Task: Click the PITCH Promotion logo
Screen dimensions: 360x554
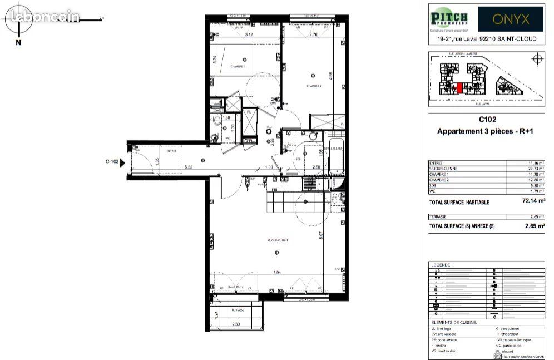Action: coord(449,19)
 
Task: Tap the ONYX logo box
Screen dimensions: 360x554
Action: coord(511,19)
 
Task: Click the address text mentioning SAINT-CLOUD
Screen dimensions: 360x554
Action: coord(487,39)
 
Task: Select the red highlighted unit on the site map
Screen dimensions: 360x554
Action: coord(459,88)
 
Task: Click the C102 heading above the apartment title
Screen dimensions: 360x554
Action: coord(487,119)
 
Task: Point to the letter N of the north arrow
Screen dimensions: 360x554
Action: coord(18,42)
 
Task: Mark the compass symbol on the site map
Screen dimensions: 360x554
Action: coord(536,60)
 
